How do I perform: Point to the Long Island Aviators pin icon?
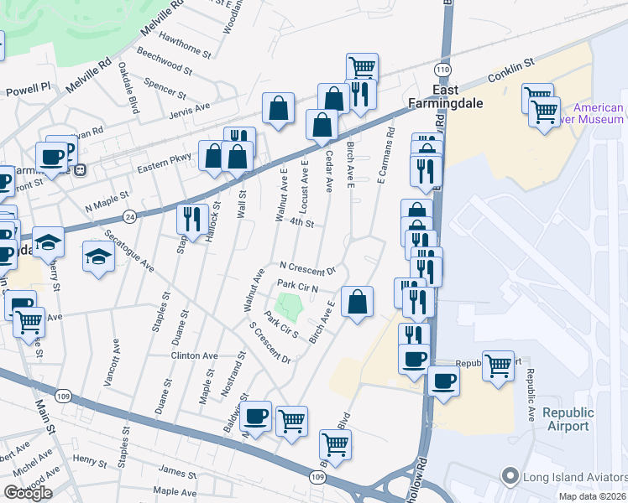509,476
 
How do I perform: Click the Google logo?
28,493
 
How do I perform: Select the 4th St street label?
301,224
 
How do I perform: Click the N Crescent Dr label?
307,267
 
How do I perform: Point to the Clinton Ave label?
194,355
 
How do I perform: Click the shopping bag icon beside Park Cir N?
358,303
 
